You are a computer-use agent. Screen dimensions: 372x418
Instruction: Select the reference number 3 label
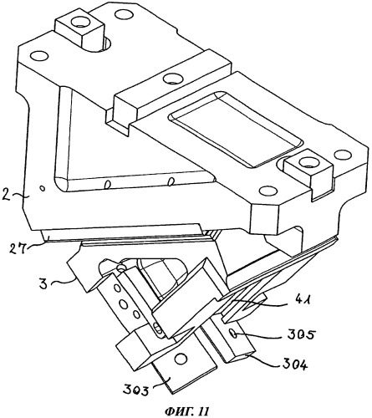pos(43,284)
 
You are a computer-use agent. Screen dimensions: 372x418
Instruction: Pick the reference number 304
pos(295,364)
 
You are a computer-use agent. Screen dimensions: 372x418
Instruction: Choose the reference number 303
pos(135,389)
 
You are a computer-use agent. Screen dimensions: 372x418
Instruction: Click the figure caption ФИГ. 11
pos(186,410)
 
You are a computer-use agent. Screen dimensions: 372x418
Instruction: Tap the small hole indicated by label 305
pos(233,334)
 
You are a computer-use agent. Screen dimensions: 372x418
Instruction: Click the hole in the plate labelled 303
pos(181,358)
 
